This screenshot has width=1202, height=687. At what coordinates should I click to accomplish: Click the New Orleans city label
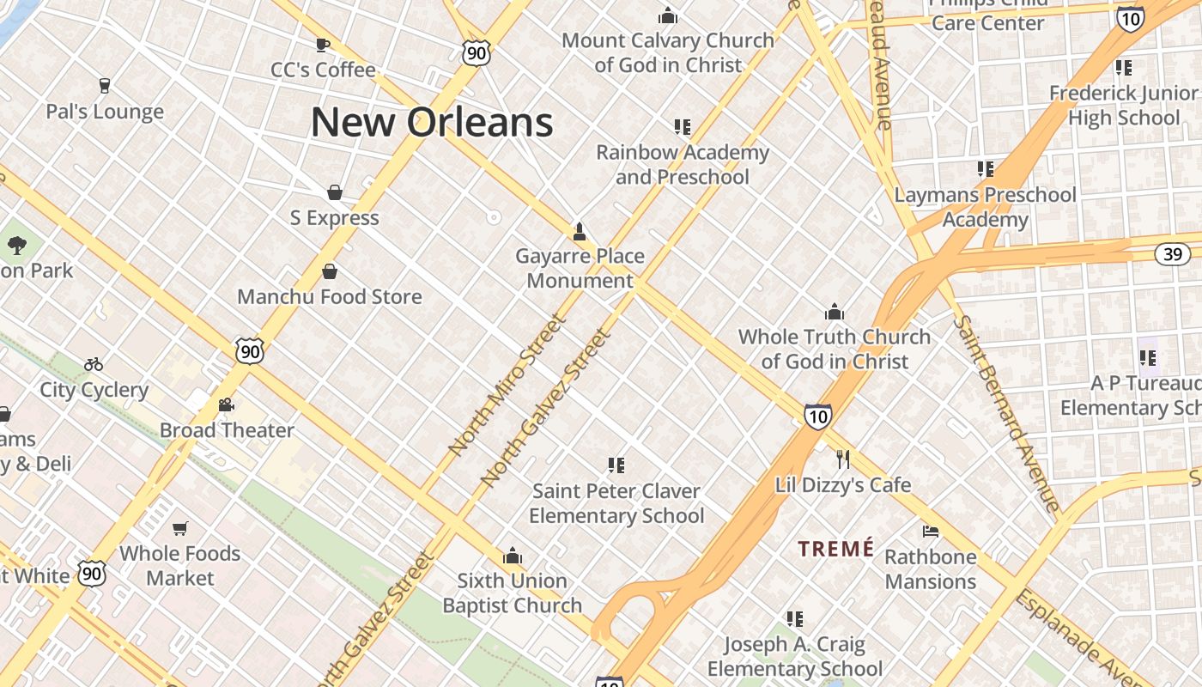click(432, 122)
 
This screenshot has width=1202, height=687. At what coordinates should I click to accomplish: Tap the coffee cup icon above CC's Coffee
click(323, 45)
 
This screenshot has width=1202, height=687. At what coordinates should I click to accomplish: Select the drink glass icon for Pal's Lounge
click(105, 85)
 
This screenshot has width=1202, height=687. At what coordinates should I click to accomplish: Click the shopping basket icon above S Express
click(335, 192)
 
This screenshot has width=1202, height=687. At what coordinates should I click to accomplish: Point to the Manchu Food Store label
click(330, 297)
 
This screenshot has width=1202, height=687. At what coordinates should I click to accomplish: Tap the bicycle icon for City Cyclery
click(94, 364)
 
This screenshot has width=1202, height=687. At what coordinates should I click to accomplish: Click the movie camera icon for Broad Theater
click(227, 404)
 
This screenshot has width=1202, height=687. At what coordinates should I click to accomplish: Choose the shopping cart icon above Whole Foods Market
click(180, 528)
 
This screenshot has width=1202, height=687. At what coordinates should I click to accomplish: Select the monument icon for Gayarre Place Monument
click(580, 230)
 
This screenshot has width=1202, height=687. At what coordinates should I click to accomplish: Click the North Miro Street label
click(507, 385)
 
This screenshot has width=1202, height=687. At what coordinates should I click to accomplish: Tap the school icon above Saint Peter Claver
click(616, 465)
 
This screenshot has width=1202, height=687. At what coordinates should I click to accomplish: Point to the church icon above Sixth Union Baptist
click(513, 556)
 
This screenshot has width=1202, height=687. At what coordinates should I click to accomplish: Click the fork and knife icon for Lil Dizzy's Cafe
click(843, 459)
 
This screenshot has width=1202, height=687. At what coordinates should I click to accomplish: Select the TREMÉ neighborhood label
click(836, 549)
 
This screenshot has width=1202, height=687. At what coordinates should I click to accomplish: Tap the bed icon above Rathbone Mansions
click(931, 531)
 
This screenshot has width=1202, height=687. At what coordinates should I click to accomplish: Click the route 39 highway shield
click(1172, 253)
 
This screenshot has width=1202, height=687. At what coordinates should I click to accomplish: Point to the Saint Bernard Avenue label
click(1007, 414)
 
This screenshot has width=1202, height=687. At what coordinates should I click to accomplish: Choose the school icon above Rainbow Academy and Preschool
click(683, 127)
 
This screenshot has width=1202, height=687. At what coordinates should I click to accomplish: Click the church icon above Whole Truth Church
click(835, 312)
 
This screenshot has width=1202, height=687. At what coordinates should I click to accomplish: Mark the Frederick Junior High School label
click(1124, 105)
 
